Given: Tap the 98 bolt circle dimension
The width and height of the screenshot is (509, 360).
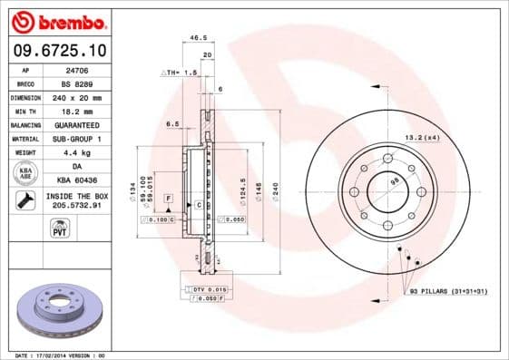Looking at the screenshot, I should [x=394, y=182].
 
